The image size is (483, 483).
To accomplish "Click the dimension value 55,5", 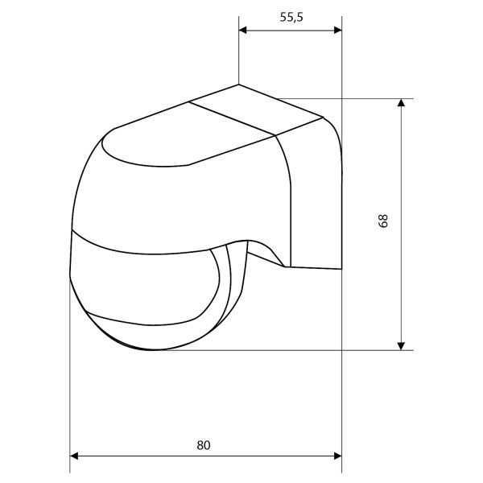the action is pyautogui.click(x=291, y=17).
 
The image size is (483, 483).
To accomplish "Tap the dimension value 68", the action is pyautogui.click(x=383, y=221).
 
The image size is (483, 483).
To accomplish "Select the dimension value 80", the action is pyautogui.click(x=204, y=445).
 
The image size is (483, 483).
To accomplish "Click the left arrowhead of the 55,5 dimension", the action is pyautogui.click(x=243, y=30).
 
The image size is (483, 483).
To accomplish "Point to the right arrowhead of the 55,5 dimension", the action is pyautogui.click(x=338, y=30).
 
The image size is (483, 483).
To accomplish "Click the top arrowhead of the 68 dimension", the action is pyautogui.click(x=401, y=102).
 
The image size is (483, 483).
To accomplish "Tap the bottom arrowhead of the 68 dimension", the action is pyautogui.click(x=401, y=346).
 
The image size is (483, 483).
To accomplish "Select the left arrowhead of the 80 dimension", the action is pyautogui.click(x=74, y=456).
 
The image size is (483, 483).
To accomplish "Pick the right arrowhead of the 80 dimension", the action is pyautogui.click(x=338, y=456).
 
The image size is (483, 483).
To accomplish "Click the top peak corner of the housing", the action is pyautogui.click(x=239, y=84).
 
